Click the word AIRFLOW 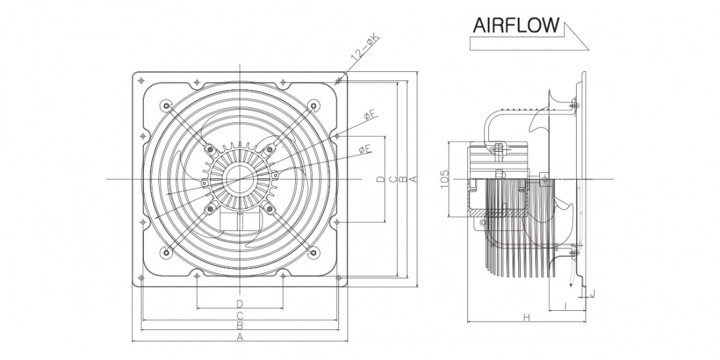click(x=516, y=26)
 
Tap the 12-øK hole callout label click(x=366, y=48)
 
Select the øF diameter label click(x=371, y=116)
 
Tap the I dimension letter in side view click(x=565, y=305)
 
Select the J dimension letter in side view click(x=592, y=293)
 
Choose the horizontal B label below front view click(x=240, y=325)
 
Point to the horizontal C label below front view click(x=240, y=315)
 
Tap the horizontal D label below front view click(x=240, y=304)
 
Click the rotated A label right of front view click(x=414, y=179)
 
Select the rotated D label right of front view click(x=381, y=179)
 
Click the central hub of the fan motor click(x=240, y=179)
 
